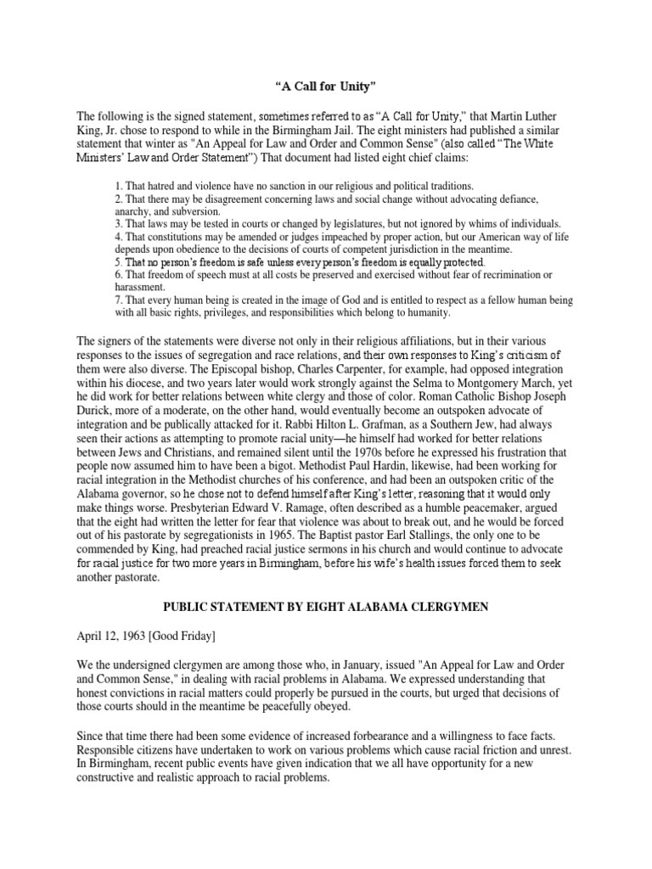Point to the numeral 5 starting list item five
click(117, 263)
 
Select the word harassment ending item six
click(140, 288)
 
